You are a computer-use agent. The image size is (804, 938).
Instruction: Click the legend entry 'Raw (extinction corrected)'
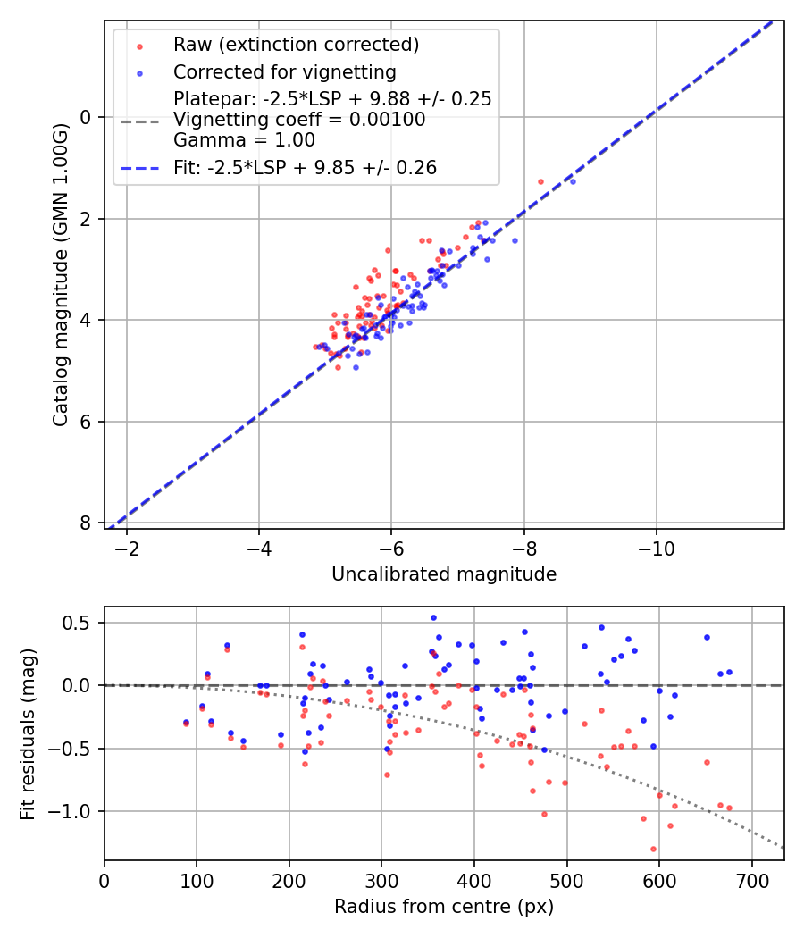click(x=296, y=44)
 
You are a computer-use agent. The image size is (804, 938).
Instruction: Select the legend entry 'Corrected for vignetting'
click(x=284, y=71)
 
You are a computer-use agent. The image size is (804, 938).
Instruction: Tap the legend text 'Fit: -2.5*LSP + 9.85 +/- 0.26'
click(x=305, y=167)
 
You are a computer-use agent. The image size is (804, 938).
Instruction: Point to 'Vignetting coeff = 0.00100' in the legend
click(x=299, y=120)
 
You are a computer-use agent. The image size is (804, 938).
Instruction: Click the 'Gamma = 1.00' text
click(x=244, y=140)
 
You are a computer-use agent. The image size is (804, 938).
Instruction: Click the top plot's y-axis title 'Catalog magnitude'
click(x=60, y=273)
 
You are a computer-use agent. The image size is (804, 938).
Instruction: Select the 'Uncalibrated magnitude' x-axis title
click(x=444, y=574)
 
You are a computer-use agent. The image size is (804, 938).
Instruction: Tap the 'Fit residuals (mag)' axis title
click(x=28, y=733)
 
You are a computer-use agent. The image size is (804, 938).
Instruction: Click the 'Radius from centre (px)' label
click(x=444, y=907)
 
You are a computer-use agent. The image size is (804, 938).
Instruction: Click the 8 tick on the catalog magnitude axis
click(x=87, y=523)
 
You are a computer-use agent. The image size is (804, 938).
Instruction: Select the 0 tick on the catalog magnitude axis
click(x=87, y=117)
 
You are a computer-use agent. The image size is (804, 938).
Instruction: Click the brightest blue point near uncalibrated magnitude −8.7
click(x=573, y=181)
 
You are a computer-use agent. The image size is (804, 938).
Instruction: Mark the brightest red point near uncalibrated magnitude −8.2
click(x=540, y=181)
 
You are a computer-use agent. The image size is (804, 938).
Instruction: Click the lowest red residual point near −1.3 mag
click(x=653, y=849)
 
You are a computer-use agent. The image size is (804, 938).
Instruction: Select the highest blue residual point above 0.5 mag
click(x=433, y=617)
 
